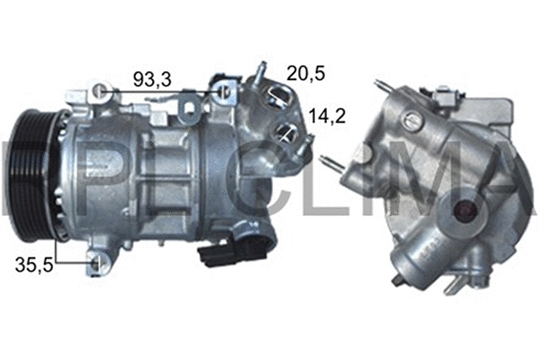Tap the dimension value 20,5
click(x=304, y=72)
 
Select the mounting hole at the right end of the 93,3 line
click(x=222, y=90)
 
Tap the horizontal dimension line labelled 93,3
click(x=162, y=91)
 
